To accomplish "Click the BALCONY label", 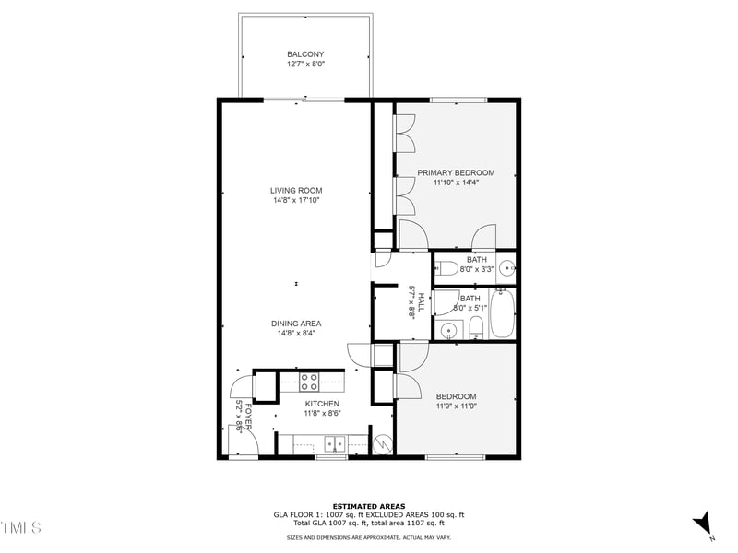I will (x=305, y=54).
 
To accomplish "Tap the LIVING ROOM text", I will (x=296, y=191).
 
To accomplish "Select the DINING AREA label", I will (x=296, y=324).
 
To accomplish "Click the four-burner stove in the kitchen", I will (x=309, y=381).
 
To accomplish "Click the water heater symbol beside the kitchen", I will (x=381, y=441).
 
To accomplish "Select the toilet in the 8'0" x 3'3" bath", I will (x=447, y=269).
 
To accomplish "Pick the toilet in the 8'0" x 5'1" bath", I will (x=475, y=329).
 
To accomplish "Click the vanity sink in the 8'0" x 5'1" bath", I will (x=449, y=330).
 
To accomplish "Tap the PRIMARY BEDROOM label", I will (x=456, y=172).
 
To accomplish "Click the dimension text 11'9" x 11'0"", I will (x=456, y=406).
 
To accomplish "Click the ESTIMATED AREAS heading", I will (x=368, y=506).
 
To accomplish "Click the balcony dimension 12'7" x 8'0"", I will (x=305, y=65).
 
